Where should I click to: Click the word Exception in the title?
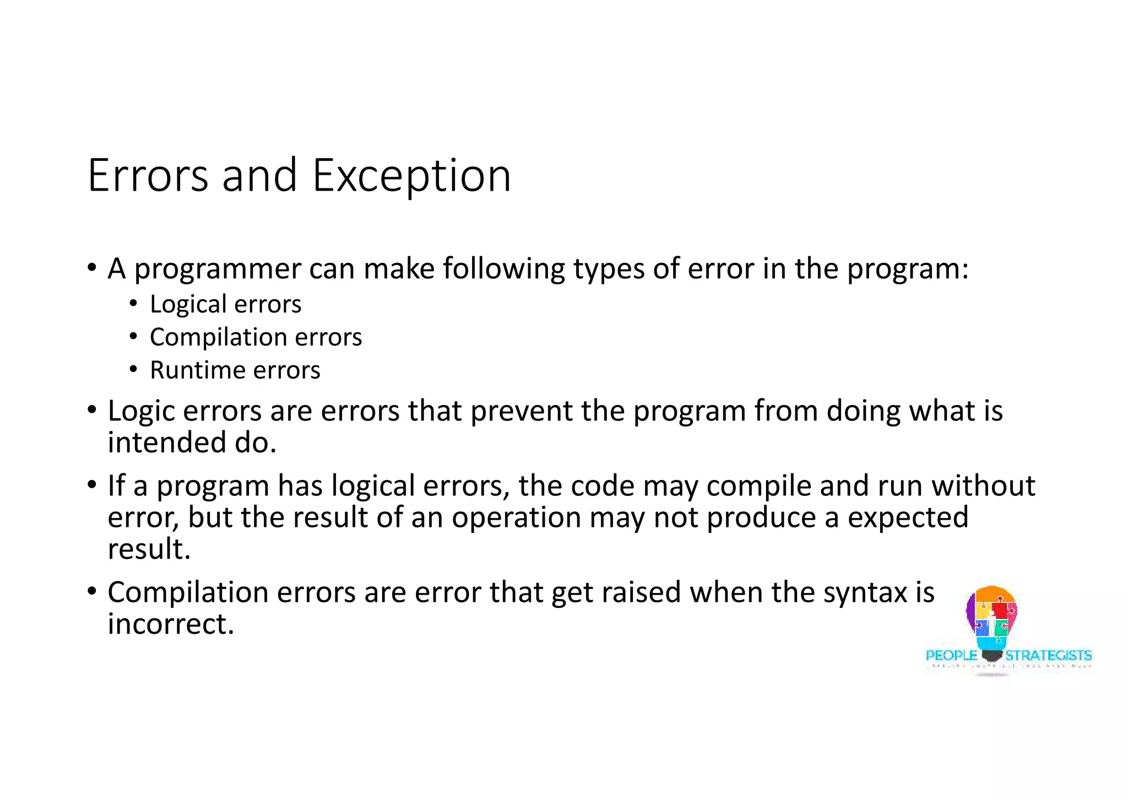pyautogui.click(x=411, y=176)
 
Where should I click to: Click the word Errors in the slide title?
pyautogui.click(x=148, y=176)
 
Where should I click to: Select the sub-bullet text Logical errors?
pyautogui.click(x=225, y=304)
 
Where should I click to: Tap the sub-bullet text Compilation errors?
pyautogui.click(x=256, y=337)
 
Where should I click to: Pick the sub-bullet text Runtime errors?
pyautogui.click(x=235, y=370)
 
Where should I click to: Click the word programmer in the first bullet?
pyautogui.click(x=218, y=269)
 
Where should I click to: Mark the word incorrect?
pyautogui.click(x=171, y=624)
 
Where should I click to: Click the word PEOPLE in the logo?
pyautogui.click(x=951, y=656)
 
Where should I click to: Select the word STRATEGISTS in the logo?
pyautogui.click(x=1048, y=656)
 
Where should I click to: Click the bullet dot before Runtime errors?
pyautogui.click(x=133, y=370)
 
